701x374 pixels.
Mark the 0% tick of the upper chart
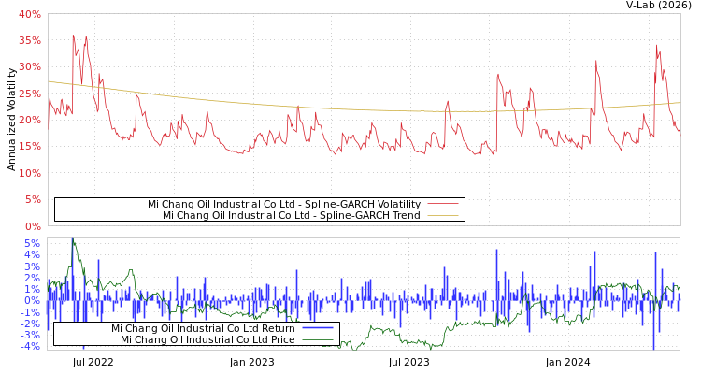tap(33, 226)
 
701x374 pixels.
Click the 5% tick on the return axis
tap(33, 243)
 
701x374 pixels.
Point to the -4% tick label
tap(31, 346)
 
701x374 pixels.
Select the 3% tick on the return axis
tap(33, 266)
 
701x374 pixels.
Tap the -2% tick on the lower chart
tap(31, 324)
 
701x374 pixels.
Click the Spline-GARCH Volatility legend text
tap(283, 204)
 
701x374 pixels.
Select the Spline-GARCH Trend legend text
tap(291, 215)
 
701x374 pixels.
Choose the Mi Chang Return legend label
tap(203, 328)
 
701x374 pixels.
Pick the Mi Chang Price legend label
tap(207, 339)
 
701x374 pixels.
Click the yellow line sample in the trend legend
tap(442, 215)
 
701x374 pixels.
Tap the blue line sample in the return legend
tap(318, 328)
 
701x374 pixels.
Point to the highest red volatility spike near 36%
tap(73, 36)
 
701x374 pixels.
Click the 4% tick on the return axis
tap(33, 254)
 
